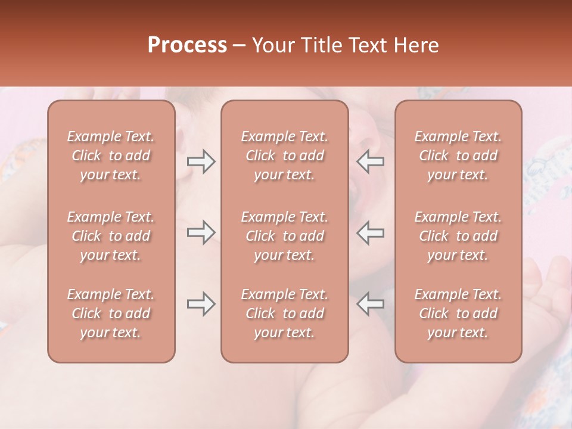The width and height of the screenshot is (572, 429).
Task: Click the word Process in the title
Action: (x=187, y=45)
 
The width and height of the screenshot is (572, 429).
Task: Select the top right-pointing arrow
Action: (x=201, y=161)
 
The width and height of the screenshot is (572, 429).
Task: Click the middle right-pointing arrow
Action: (x=201, y=232)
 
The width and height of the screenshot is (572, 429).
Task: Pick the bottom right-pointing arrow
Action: (x=201, y=304)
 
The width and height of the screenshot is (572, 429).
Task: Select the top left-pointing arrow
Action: (x=370, y=161)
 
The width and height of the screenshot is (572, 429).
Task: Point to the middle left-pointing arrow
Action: (x=370, y=232)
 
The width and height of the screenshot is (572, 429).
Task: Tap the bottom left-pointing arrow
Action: (x=370, y=304)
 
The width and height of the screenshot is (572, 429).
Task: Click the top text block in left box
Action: (x=111, y=156)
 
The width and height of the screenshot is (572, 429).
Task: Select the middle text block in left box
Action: (x=111, y=236)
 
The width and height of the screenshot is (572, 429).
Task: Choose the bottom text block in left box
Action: (x=111, y=313)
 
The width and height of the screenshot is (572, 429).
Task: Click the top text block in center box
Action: (x=285, y=156)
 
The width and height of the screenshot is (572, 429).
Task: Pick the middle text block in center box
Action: (x=285, y=236)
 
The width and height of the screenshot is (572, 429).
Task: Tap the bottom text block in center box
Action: (x=285, y=313)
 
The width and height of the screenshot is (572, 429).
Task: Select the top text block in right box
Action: (x=458, y=156)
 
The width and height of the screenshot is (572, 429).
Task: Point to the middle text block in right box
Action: (x=458, y=236)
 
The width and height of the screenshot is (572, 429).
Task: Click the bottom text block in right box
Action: (x=458, y=313)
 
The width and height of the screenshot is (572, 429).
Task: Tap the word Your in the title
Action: (x=271, y=45)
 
